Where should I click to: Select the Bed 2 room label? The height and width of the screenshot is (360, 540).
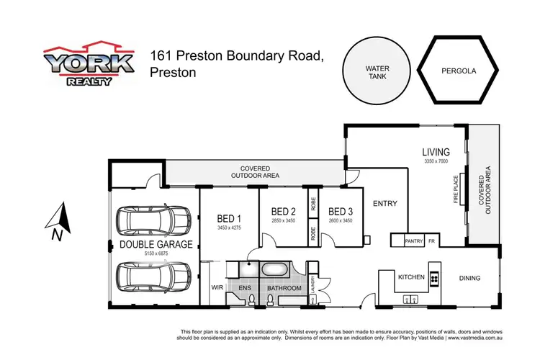pos(283,212)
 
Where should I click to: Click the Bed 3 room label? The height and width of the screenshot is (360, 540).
pos(340,212)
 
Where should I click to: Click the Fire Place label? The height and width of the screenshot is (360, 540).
pos(455,189)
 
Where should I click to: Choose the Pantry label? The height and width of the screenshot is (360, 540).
pos(413,241)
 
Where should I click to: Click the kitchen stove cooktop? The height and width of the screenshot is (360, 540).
pos(434,277)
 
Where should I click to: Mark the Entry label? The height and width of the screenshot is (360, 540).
pos(385,204)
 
